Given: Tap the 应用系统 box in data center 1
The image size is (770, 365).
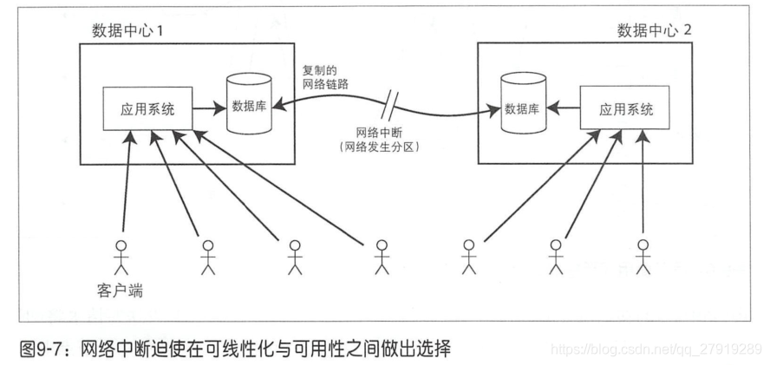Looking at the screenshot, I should tap(147, 109).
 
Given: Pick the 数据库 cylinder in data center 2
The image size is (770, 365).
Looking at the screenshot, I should tap(524, 109).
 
